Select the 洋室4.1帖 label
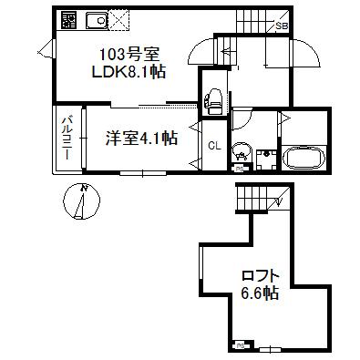140,139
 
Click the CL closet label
213,147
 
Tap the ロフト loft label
260,276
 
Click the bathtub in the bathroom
302,159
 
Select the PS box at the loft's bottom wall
241,345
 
